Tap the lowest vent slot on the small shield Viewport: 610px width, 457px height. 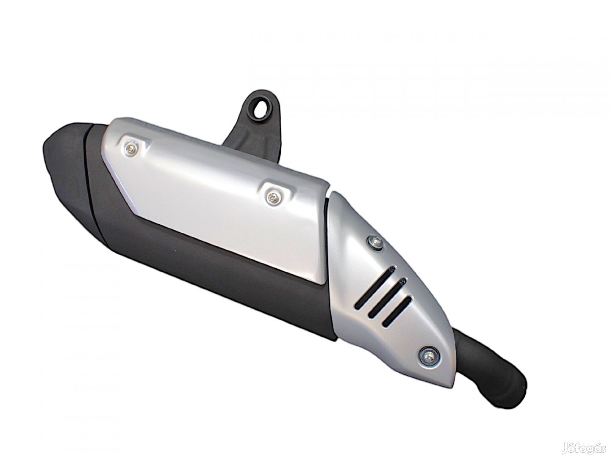(x=397, y=311)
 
